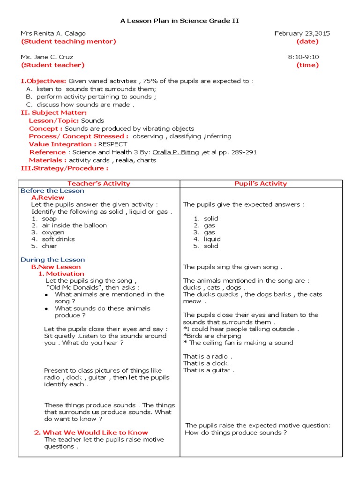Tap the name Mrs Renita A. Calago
(53, 33)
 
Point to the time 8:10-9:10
(303, 57)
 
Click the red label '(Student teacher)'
(53, 65)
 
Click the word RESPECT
(112, 144)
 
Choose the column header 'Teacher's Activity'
(99, 184)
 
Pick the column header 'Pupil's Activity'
(261, 184)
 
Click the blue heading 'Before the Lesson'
(52, 191)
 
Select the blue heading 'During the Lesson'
(53, 260)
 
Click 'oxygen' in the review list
(53, 232)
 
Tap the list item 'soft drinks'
(58, 239)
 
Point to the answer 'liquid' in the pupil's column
(212, 239)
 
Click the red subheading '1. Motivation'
(61, 274)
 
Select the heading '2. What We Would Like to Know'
(91, 433)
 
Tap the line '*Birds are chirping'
(212, 336)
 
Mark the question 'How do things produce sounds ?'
(236, 433)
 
